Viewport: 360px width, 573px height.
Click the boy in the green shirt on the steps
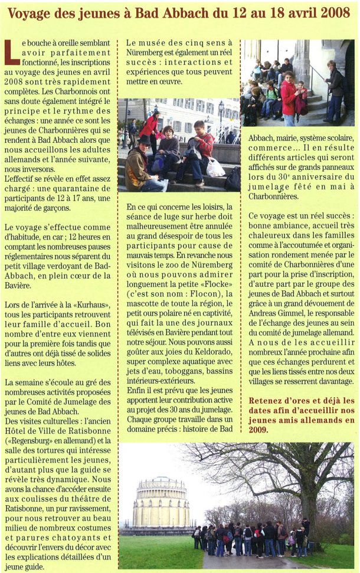(x=271, y=97)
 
